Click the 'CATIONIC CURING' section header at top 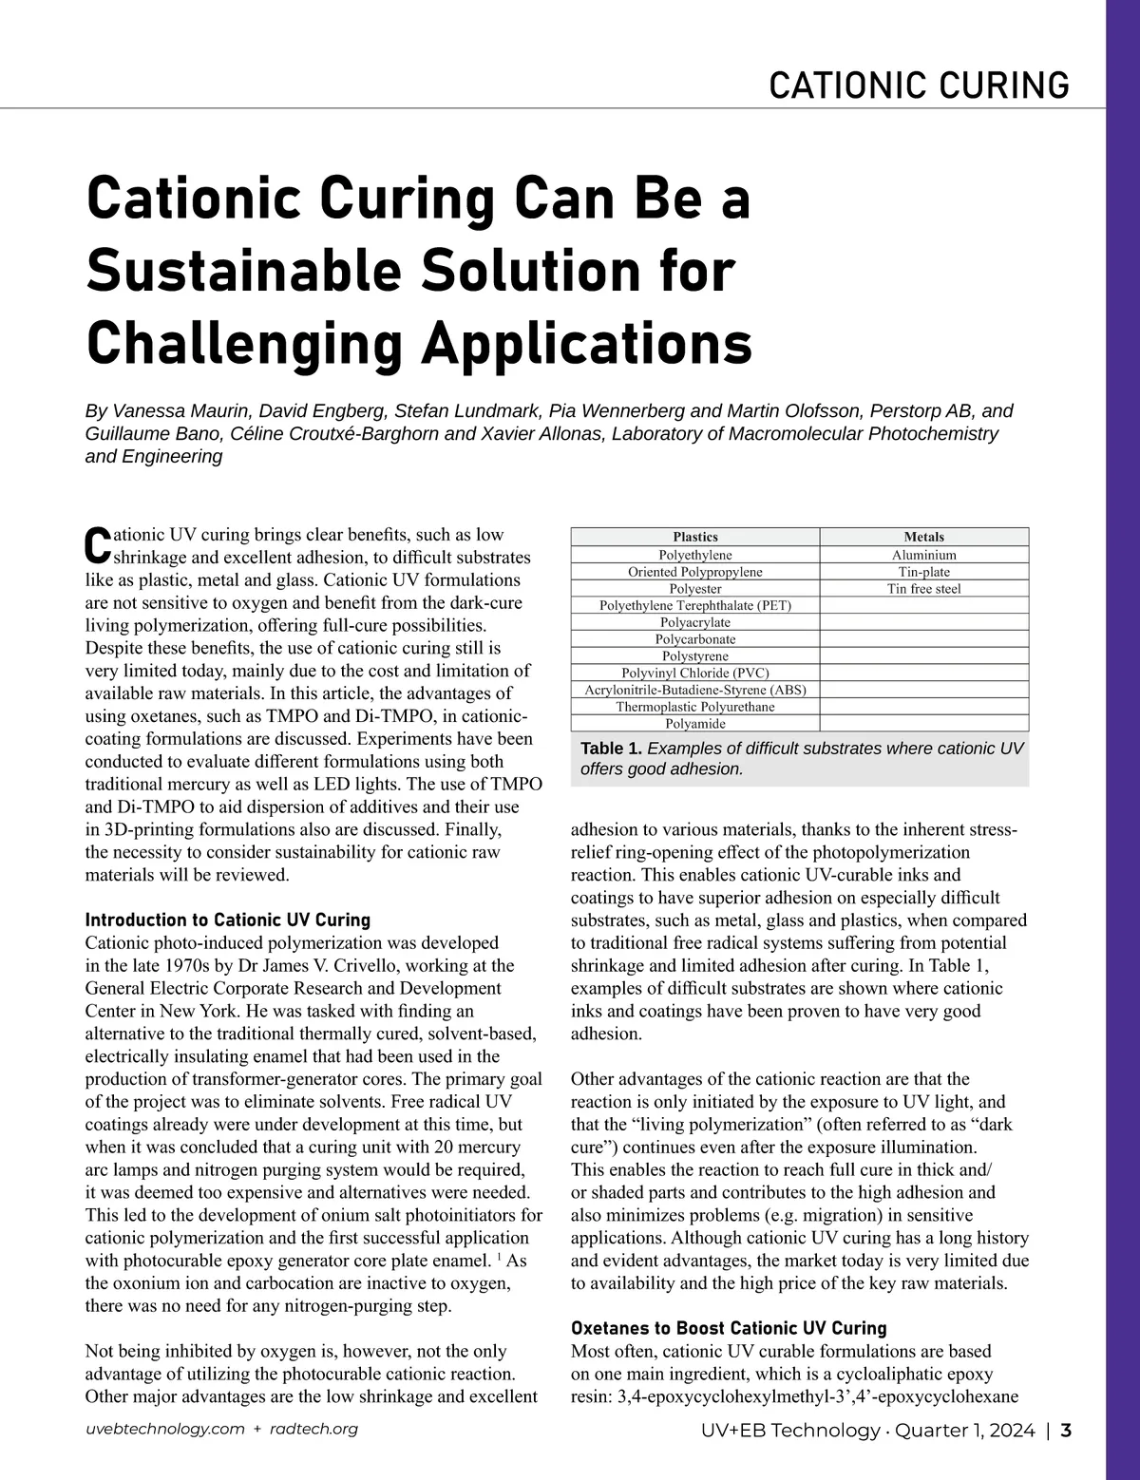click(919, 85)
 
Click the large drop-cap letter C click(98, 542)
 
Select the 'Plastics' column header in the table click(694, 537)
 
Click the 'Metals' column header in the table click(923, 537)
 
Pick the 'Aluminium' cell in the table click(923, 555)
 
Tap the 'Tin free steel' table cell click(923, 589)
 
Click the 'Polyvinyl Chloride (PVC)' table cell click(694, 674)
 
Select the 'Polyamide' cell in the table click(694, 724)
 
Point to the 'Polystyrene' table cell click(694, 656)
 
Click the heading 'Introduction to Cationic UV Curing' click(227, 920)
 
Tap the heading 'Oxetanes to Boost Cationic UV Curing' click(729, 1328)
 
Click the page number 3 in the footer click(1066, 1431)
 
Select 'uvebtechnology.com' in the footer click(164, 1430)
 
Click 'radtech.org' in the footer click(313, 1430)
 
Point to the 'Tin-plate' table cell click(923, 572)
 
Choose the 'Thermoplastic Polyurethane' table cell click(694, 707)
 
